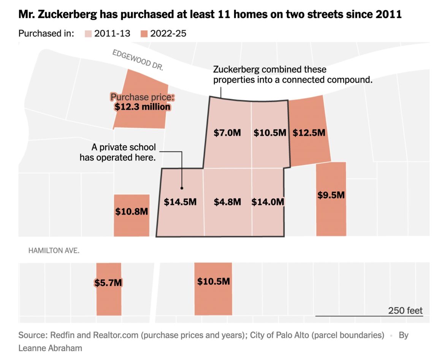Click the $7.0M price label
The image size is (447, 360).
click(x=227, y=133)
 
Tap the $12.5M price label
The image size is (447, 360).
click(x=309, y=133)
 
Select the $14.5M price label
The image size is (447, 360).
click(x=180, y=202)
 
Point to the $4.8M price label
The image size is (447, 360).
click(x=227, y=202)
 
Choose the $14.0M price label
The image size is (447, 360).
click(x=268, y=202)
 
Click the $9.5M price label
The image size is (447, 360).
click(x=331, y=195)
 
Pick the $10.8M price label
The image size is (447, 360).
click(x=132, y=212)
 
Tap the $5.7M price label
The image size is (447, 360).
click(x=108, y=283)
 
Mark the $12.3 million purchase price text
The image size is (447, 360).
click(x=143, y=107)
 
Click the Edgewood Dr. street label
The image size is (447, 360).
click(x=138, y=60)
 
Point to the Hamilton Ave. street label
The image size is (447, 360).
click(x=54, y=251)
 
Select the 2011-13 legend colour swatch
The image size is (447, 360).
click(x=88, y=34)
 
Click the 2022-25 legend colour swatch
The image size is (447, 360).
click(x=144, y=34)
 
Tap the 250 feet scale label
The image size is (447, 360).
click(x=405, y=311)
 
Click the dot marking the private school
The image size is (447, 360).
click(x=182, y=188)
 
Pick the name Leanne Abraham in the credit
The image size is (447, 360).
click(x=50, y=348)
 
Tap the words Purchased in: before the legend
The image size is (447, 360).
click(x=46, y=33)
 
